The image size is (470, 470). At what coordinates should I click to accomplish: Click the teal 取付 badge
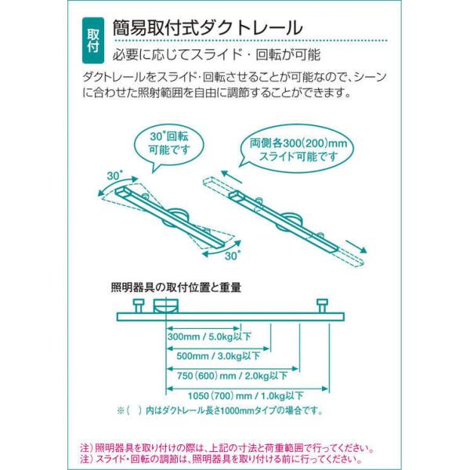[93, 41]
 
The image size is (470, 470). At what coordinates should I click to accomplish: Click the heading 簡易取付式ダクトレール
[208, 27]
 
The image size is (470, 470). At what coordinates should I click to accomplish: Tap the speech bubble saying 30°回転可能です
[169, 147]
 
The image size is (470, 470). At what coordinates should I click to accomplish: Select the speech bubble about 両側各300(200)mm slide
[298, 150]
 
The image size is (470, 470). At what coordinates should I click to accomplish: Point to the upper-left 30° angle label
[114, 175]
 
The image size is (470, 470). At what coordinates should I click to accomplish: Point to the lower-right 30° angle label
[233, 255]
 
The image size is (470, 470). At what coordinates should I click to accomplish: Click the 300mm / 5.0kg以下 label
[209, 337]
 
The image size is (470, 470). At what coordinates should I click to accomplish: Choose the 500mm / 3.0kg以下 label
[219, 356]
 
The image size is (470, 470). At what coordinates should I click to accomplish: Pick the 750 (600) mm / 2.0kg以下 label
[233, 375]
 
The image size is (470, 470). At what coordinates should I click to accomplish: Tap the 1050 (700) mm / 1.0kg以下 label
[245, 396]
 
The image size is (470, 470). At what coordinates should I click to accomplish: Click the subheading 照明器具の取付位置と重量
[176, 287]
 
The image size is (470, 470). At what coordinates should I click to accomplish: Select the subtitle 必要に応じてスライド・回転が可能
[216, 55]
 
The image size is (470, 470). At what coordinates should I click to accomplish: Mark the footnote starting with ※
[220, 410]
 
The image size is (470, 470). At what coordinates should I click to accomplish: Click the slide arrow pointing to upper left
[232, 176]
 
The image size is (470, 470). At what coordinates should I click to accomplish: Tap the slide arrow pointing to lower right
[356, 247]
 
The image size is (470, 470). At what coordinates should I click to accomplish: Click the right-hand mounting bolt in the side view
[323, 305]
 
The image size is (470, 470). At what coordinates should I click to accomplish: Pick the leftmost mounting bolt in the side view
[139, 305]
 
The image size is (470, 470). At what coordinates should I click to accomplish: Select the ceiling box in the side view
[166, 305]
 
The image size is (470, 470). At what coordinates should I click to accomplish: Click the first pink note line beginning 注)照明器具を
[227, 448]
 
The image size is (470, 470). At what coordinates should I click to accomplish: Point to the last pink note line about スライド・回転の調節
[221, 459]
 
